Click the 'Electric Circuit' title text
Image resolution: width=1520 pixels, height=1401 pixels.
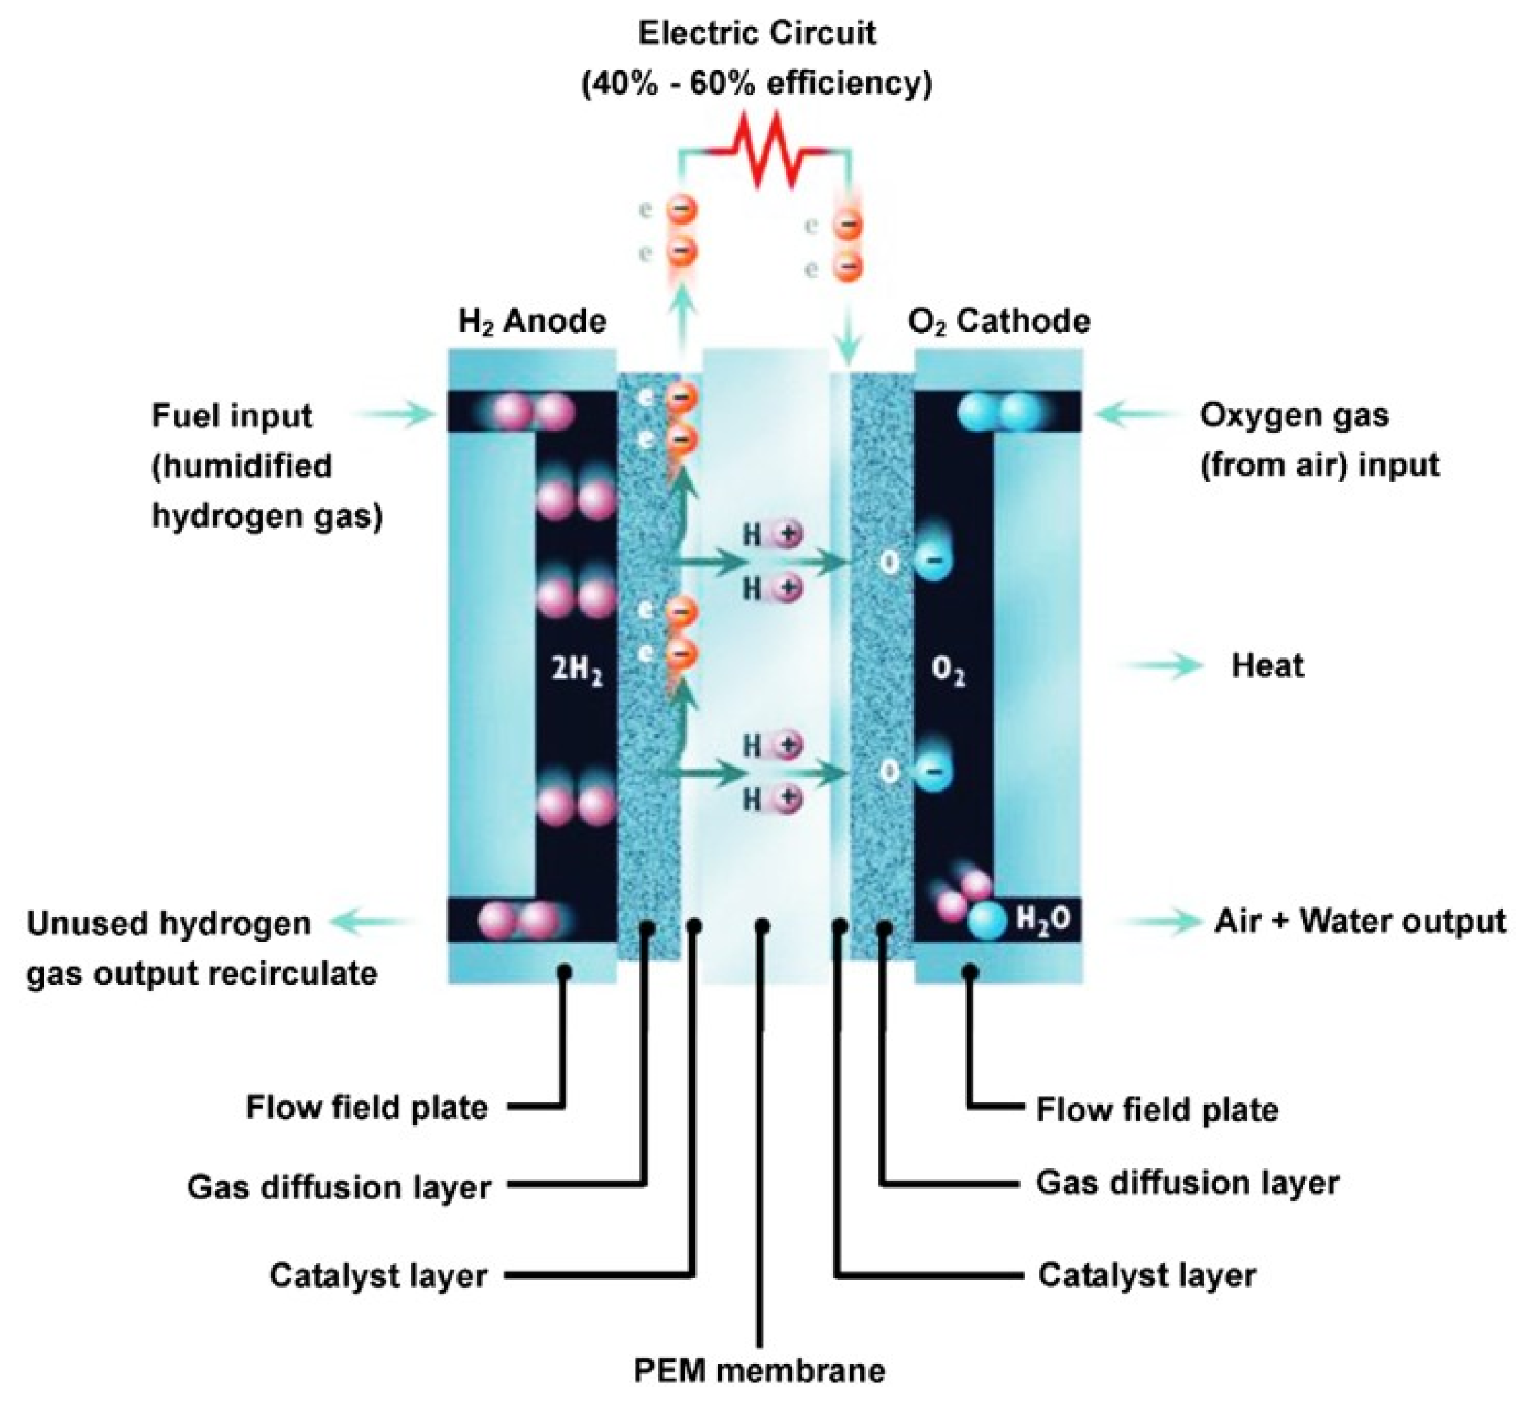pos(756,34)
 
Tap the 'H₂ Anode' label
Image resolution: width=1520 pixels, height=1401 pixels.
pos(533,322)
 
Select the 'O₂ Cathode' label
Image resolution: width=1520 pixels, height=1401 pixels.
pos(998,322)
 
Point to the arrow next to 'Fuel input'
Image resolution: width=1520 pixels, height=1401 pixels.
pos(394,413)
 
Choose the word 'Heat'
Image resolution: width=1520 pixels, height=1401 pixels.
pos(1267,665)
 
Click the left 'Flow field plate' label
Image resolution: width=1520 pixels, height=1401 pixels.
pos(367,1107)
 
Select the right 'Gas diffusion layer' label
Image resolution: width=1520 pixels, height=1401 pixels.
pos(1187,1183)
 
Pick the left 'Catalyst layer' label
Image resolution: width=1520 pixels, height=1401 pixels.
pos(378,1275)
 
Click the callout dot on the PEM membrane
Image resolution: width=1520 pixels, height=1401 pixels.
pos(764,927)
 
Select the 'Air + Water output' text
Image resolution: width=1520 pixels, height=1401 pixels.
pos(1360,921)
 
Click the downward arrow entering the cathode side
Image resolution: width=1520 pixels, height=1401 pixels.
pos(849,334)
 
